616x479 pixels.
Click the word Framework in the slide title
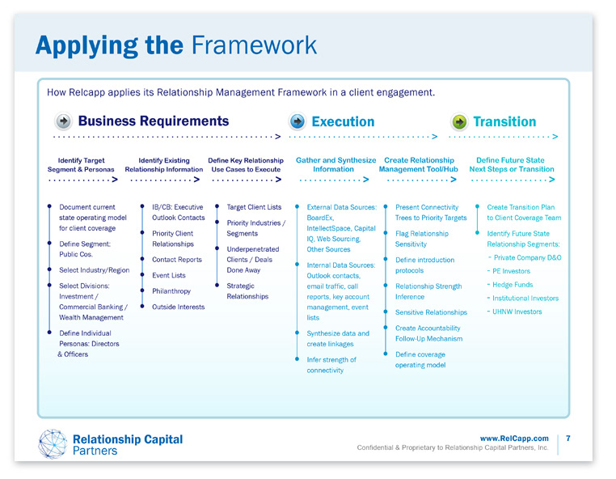[254, 45]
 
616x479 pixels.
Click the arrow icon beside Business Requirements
[64, 121]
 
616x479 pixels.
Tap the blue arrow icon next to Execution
[297, 121]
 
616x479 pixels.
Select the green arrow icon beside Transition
[459, 121]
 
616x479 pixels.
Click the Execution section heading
[343, 121]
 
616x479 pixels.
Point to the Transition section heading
[504, 121]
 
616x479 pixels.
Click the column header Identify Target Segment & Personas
[82, 165]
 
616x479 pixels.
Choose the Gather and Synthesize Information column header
[335, 165]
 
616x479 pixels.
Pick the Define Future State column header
[511, 165]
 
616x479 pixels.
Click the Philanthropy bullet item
[171, 291]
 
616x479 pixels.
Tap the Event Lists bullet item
[168, 276]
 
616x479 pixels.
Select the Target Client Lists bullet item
[254, 208]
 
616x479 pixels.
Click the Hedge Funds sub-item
[514, 285]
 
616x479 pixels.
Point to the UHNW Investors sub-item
[517, 312]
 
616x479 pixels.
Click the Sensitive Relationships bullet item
[431, 312]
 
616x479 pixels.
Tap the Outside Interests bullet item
[178, 307]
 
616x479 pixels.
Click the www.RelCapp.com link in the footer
[514, 439]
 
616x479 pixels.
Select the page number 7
[568, 439]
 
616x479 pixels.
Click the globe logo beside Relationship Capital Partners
[53, 443]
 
